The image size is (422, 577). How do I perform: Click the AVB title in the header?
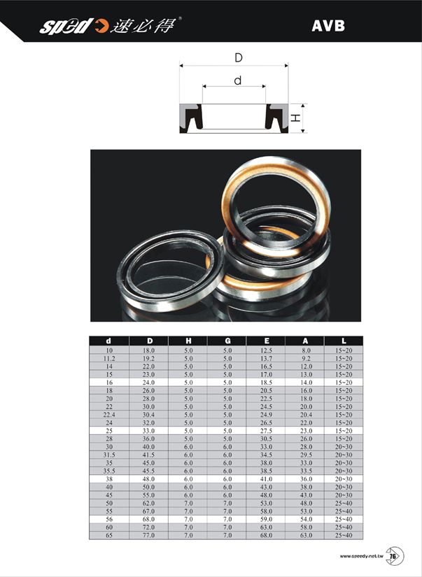328,26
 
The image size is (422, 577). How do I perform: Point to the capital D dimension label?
239,58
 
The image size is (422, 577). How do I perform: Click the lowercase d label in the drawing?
238,80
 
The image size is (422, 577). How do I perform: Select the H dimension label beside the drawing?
296,117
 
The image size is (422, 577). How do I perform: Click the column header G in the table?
227,341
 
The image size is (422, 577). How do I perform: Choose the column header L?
344,341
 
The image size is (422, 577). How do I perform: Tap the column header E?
267,341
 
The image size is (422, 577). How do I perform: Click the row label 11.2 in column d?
109,358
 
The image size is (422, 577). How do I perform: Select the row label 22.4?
109,415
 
